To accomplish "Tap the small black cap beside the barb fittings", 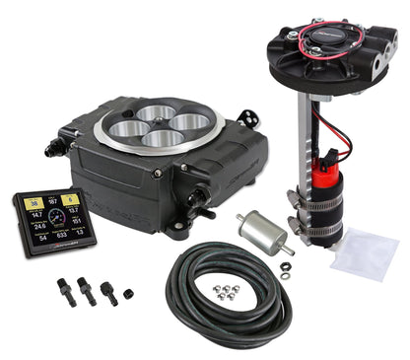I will coord(128,293).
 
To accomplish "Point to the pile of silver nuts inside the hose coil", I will coord(228,291).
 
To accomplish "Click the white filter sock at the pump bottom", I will coord(364,253).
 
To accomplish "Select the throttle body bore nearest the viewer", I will coord(161,137).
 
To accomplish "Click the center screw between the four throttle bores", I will coord(158,124).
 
